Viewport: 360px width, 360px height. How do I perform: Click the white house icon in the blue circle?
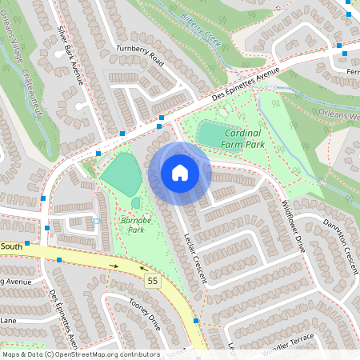click(180, 173)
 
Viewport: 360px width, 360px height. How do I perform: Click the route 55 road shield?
click(151, 281)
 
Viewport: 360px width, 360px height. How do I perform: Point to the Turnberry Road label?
click(140, 61)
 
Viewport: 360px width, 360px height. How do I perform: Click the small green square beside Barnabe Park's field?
click(135, 203)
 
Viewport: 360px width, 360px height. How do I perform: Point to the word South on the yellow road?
click(11, 246)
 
